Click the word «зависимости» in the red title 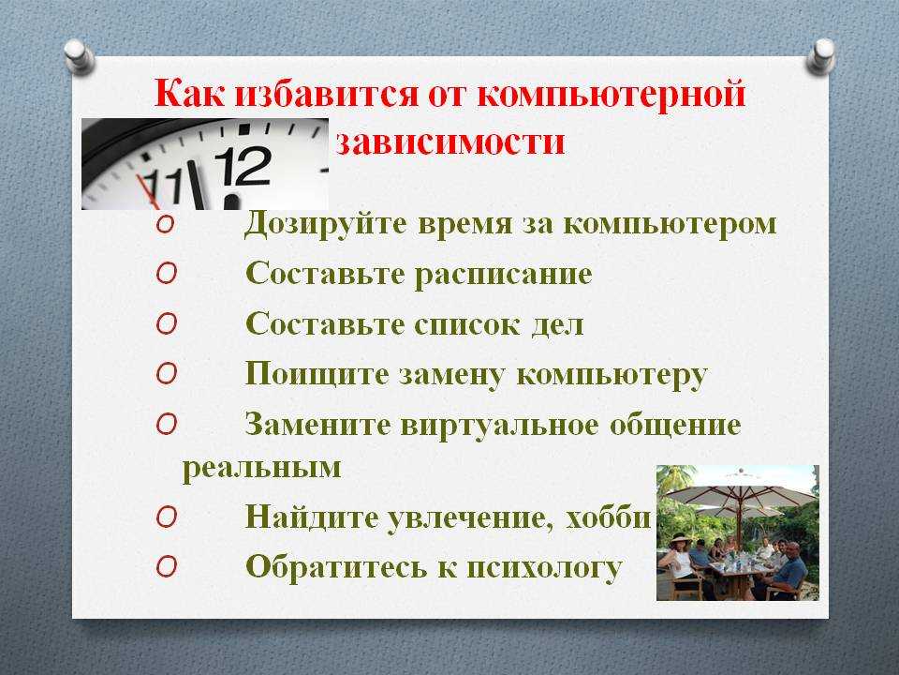click(450, 142)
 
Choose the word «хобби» click(609, 517)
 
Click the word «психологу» click(544, 568)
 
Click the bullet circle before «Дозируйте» click(165, 224)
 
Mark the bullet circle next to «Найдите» click(166, 517)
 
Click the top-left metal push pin click(79, 56)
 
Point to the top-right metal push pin click(820, 56)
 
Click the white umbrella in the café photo click(740, 487)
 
